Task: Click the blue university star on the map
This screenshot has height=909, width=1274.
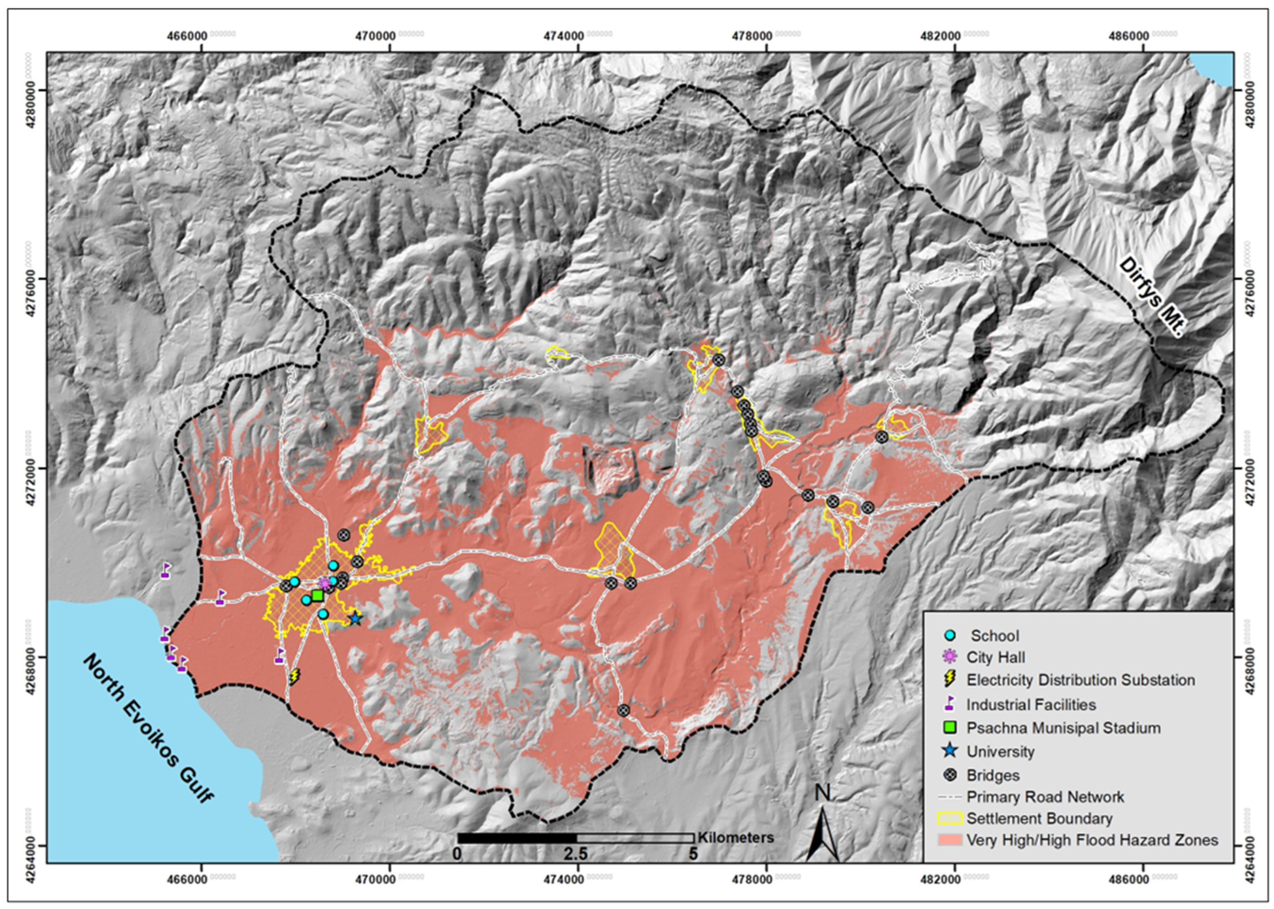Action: pos(355,619)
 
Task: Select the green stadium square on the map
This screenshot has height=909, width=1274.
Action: pos(318,595)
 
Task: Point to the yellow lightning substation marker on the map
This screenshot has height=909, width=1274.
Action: pos(294,677)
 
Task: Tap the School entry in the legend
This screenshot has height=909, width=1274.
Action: pos(994,636)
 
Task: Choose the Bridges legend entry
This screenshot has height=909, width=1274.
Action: pos(993,775)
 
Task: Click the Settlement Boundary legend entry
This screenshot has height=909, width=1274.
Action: pos(1038,818)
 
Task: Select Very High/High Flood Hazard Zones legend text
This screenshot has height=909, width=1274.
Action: pos(1092,840)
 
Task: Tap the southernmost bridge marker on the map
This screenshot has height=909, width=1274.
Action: pos(623,710)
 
